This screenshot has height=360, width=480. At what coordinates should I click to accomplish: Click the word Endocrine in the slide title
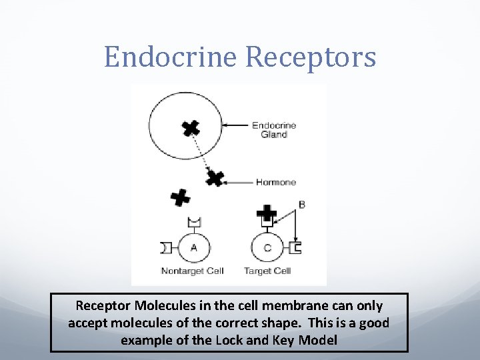(171, 57)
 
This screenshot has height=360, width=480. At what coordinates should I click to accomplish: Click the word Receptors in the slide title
(311, 57)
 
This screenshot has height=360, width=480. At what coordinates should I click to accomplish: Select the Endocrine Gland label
(273, 129)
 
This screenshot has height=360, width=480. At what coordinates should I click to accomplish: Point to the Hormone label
(275, 182)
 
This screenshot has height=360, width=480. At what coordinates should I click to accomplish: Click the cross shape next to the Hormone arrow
(214, 178)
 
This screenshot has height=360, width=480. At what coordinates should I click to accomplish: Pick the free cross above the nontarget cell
(180, 197)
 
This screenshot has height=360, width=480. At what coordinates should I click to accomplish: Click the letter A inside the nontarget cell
(194, 248)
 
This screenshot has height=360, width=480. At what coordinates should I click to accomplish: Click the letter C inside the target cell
(267, 248)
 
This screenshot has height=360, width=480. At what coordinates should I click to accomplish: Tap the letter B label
(302, 205)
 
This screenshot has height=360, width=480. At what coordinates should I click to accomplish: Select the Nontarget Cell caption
(192, 271)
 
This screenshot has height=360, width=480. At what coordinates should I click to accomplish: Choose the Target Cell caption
(267, 271)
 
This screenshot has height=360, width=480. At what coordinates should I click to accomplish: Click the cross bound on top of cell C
(267, 213)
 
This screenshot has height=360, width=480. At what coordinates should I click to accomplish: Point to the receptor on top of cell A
(194, 223)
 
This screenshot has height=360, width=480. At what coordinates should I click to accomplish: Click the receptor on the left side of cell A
(165, 248)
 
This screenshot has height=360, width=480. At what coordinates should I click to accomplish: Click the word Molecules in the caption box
(160, 306)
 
